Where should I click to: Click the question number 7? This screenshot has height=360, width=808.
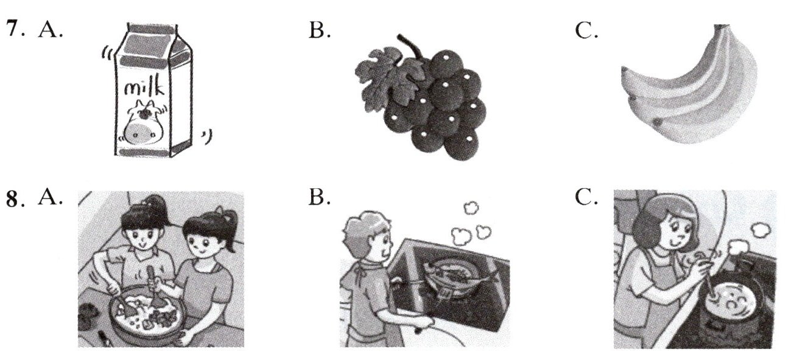click(14, 29)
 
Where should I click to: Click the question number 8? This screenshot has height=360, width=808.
click(14, 199)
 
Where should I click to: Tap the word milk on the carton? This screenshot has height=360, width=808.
click(144, 87)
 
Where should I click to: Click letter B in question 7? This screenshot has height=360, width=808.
click(319, 30)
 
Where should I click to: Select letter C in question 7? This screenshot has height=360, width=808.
click(586, 30)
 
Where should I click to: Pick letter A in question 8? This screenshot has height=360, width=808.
click(50, 197)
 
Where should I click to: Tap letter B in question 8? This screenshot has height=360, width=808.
click(319, 197)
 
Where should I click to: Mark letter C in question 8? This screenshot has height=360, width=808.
click(586, 197)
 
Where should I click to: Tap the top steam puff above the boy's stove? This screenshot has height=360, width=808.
click(471, 208)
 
